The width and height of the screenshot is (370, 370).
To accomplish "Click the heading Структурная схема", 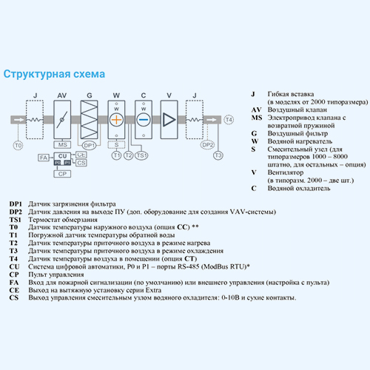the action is [54, 74].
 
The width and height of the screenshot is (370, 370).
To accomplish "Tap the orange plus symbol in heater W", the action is [116, 120].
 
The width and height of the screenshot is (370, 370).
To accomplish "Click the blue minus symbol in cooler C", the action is [144, 120].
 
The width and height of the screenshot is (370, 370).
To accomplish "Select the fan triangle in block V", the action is [169, 120].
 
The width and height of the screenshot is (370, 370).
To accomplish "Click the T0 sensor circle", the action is [18, 146].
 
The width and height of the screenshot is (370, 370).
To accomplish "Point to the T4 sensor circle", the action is [229, 120].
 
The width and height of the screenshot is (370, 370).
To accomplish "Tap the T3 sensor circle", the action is [218, 155].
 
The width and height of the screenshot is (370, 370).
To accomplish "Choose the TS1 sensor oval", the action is [141, 155].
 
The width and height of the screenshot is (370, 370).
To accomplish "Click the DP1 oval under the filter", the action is [89, 146].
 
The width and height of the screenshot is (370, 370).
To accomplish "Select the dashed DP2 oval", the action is [207, 145].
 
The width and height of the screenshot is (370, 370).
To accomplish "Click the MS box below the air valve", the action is [62, 145].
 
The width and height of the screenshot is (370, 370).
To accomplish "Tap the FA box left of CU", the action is [44, 158].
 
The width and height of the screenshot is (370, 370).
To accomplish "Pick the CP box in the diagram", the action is [62, 174].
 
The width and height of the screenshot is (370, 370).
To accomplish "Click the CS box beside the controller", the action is [81, 163].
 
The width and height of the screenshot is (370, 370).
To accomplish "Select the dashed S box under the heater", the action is [116, 145].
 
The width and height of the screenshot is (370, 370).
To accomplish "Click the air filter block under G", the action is [89, 120].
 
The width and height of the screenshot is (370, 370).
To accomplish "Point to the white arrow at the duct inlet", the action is [19, 120].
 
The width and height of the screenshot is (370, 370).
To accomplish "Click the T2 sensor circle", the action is [128, 155].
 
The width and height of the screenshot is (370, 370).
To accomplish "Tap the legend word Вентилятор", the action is [286, 172].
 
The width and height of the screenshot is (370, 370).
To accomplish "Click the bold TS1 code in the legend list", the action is [16, 220].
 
